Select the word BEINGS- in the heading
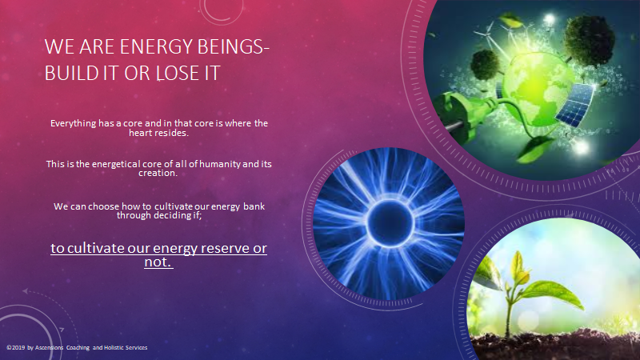click(233, 46)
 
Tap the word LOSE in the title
click(174, 74)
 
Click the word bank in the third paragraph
click(254, 206)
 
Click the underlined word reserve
click(225, 248)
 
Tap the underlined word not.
click(158, 262)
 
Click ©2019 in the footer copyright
click(15, 348)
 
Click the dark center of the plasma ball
click(390, 222)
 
